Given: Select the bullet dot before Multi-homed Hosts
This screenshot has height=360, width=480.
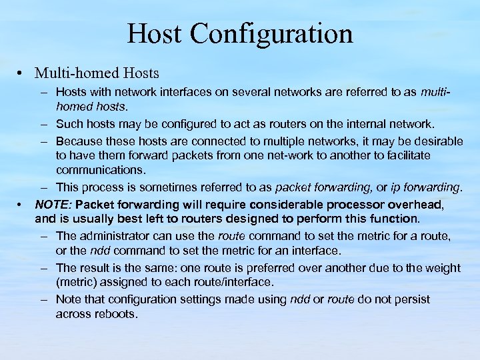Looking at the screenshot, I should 22,73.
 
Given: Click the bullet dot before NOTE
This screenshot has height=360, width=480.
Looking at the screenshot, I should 22,203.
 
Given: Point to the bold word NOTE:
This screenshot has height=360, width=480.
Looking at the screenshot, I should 54,204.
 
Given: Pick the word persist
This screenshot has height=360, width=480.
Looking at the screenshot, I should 411,299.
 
